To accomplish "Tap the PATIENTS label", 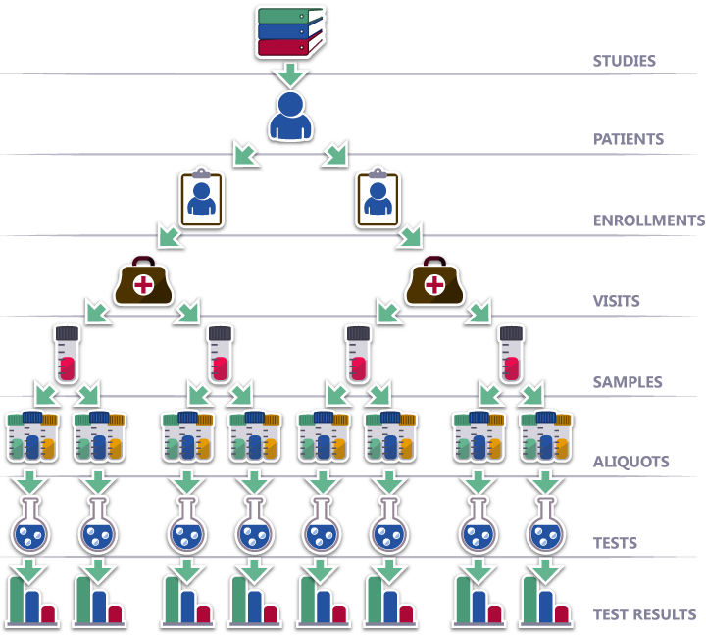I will (x=629, y=139).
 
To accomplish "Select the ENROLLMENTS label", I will (x=648, y=220).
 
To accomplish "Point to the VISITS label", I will (x=616, y=301).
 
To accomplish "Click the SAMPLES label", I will (x=628, y=382).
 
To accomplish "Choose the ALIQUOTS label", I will (x=630, y=462).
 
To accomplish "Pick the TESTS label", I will (x=615, y=543).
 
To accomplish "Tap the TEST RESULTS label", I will (x=644, y=614).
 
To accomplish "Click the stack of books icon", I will (x=289, y=31).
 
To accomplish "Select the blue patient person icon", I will (x=290, y=117).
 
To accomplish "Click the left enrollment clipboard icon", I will (x=201, y=199).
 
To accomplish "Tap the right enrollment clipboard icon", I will (x=378, y=199).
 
